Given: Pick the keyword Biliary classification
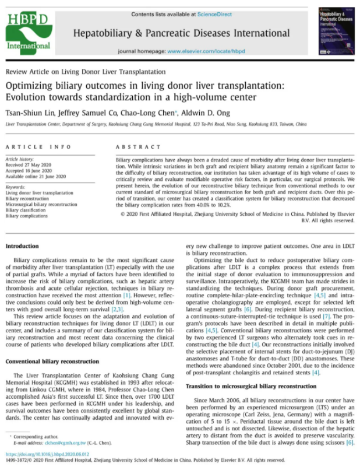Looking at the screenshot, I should [x=27, y=210].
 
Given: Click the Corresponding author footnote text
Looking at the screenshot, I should [x=34, y=437].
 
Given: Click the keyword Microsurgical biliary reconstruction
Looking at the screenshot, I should [x=41, y=204].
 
